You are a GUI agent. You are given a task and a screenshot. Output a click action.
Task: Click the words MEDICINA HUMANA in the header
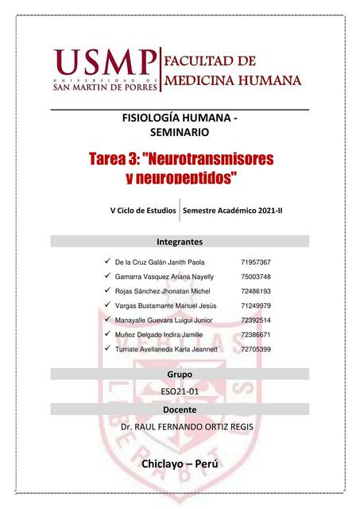pyautogui.click(x=232, y=80)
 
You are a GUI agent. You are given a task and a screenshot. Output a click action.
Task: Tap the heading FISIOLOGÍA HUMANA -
pyautogui.click(x=180, y=117)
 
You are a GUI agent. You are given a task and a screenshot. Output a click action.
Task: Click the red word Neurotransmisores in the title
pyautogui.click(x=211, y=159)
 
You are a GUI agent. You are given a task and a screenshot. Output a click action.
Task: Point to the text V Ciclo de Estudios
pyautogui.click(x=144, y=211)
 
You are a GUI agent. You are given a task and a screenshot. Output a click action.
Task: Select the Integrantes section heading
pyautogui.click(x=180, y=241)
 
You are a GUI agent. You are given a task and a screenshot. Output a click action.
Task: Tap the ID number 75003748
pyautogui.click(x=255, y=276)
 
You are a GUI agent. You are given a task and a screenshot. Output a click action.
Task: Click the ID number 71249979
pyautogui.click(x=255, y=305)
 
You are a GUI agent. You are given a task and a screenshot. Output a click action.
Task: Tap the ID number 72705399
pyautogui.click(x=255, y=349)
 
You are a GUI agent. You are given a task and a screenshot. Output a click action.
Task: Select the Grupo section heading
pyautogui.click(x=180, y=374)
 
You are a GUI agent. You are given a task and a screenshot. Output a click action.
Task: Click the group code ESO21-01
pyautogui.click(x=180, y=390)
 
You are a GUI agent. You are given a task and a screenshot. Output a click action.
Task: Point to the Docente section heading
pyautogui.click(x=180, y=409)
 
